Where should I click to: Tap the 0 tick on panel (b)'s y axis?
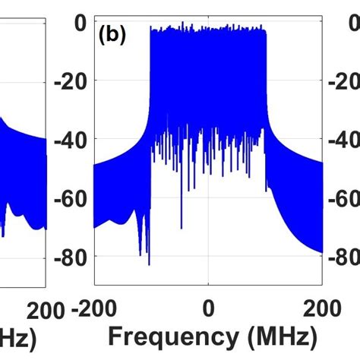(79, 24)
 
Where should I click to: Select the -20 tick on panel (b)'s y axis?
(73, 82)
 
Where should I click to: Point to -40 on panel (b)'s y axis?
(73, 140)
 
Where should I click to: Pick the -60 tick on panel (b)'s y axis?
(73, 198)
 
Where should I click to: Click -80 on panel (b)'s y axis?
(73, 257)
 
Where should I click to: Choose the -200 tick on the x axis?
(94, 308)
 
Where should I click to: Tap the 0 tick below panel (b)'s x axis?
(208, 308)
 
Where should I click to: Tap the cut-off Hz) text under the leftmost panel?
(17, 336)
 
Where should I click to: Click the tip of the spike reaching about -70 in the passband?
(182, 227)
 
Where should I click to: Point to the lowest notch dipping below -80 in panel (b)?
(149, 264)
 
